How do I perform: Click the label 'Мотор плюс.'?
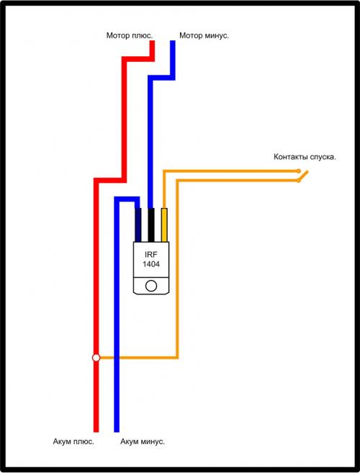(x=130, y=35)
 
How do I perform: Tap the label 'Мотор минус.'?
(x=204, y=35)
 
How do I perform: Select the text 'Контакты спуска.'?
(x=305, y=157)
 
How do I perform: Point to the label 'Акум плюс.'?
(x=73, y=441)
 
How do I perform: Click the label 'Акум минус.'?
(x=143, y=441)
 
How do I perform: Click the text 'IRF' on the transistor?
(x=151, y=255)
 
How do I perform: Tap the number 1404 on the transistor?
(x=151, y=264)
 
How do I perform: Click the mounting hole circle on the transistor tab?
(x=151, y=286)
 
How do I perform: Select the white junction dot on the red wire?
(x=96, y=358)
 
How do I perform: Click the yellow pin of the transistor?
(x=164, y=225)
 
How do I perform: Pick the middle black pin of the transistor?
(x=151, y=225)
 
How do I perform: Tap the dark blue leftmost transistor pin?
(x=138, y=225)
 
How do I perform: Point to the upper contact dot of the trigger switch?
(x=299, y=171)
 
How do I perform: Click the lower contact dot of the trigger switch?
(x=299, y=181)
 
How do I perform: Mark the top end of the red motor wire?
(x=153, y=41)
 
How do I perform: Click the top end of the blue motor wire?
(x=173, y=41)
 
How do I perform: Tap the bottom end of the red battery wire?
(x=96, y=431)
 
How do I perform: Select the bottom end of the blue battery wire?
(x=117, y=431)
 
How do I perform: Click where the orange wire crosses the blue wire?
(x=117, y=358)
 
